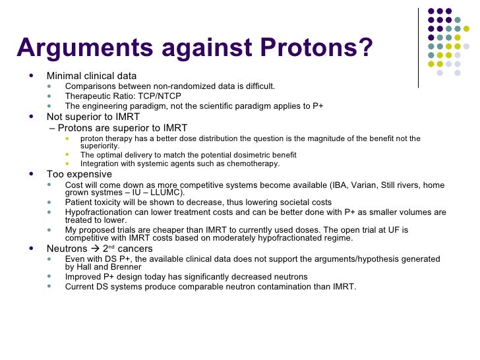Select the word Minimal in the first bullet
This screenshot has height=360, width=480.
click(x=64, y=75)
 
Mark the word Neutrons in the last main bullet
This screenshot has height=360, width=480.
click(x=67, y=249)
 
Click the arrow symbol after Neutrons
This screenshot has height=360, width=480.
click(x=95, y=249)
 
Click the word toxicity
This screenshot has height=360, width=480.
click(x=113, y=202)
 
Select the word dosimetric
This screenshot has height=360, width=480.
click(x=243, y=155)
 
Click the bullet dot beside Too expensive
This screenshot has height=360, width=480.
click(x=32, y=174)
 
